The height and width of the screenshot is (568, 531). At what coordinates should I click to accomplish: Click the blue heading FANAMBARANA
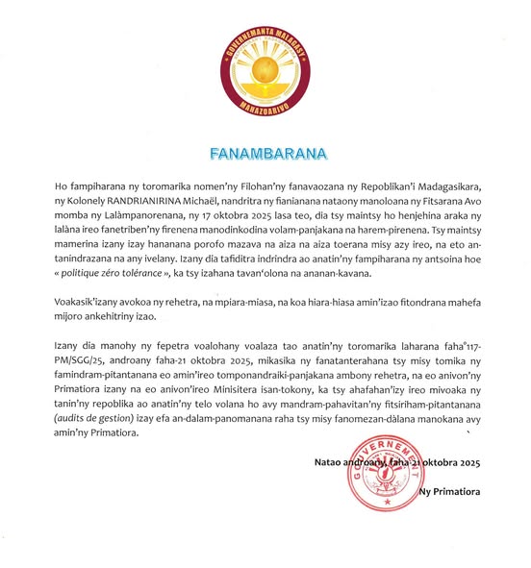point(265,153)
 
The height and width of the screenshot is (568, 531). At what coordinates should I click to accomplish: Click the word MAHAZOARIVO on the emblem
point(265,107)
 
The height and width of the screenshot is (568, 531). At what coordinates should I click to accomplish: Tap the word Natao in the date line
point(329,462)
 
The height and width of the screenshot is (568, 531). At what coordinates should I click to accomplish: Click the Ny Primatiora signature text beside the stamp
point(451,493)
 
